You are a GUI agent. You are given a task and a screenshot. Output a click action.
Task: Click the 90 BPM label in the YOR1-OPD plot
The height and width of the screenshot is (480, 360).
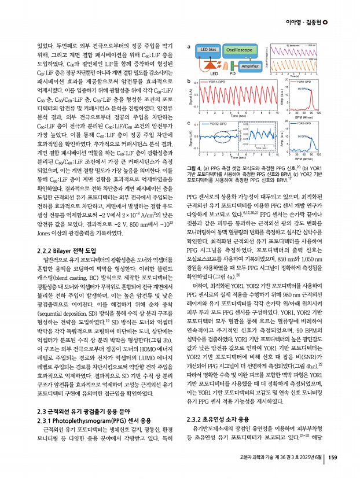(304, 89)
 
